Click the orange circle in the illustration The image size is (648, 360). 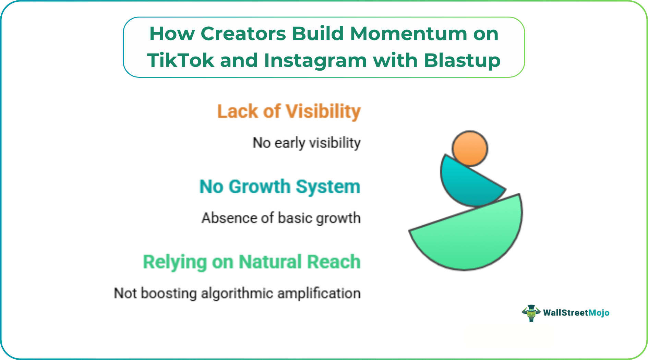[x=470, y=148]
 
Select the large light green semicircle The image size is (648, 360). [x=473, y=237]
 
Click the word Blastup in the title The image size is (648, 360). [x=462, y=60]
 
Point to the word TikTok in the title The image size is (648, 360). [x=180, y=60]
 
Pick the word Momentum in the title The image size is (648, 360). [x=408, y=34]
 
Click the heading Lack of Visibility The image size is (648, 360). [x=289, y=111]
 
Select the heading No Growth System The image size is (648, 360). [x=280, y=187]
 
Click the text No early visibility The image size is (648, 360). [x=307, y=143]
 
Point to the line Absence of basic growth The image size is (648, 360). [x=281, y=218]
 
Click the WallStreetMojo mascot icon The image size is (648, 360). [x=531, y=313]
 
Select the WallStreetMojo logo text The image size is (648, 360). [x=576, y=313]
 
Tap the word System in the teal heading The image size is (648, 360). [x=328, y=187]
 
